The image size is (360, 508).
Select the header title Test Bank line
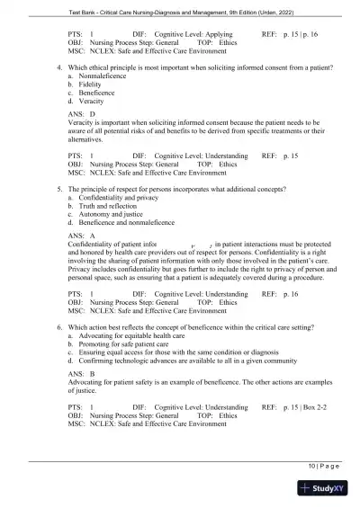point(180,9)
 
